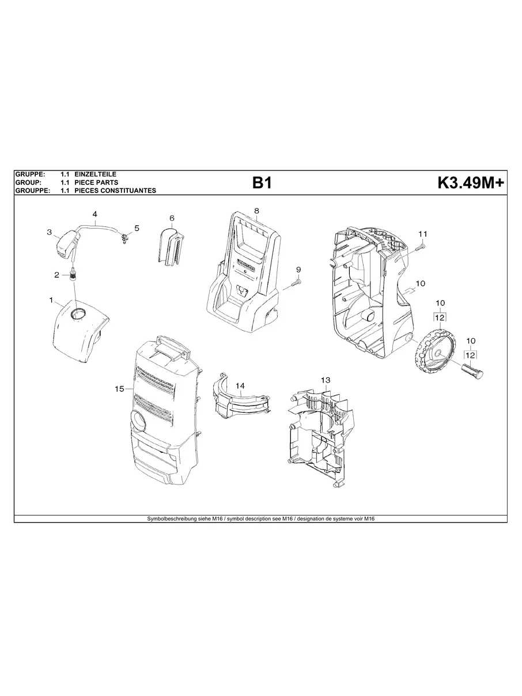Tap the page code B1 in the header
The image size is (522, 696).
point(262,183)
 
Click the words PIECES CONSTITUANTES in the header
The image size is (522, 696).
point(115,191)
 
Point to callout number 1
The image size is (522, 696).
point(51,300)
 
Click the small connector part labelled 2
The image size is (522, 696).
point(74,274)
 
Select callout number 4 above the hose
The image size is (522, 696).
point(94,214)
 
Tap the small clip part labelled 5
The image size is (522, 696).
point(124,237)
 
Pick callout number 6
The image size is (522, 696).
point(172,218)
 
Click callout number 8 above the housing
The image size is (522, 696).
point(256,210)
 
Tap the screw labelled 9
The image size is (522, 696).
point(296,283)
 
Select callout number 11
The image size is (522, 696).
point(423,233)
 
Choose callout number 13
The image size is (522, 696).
point(326,380)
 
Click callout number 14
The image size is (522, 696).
point(240,385)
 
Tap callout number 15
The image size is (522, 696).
point(119,389)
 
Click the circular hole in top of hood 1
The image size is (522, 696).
point(78,314)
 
